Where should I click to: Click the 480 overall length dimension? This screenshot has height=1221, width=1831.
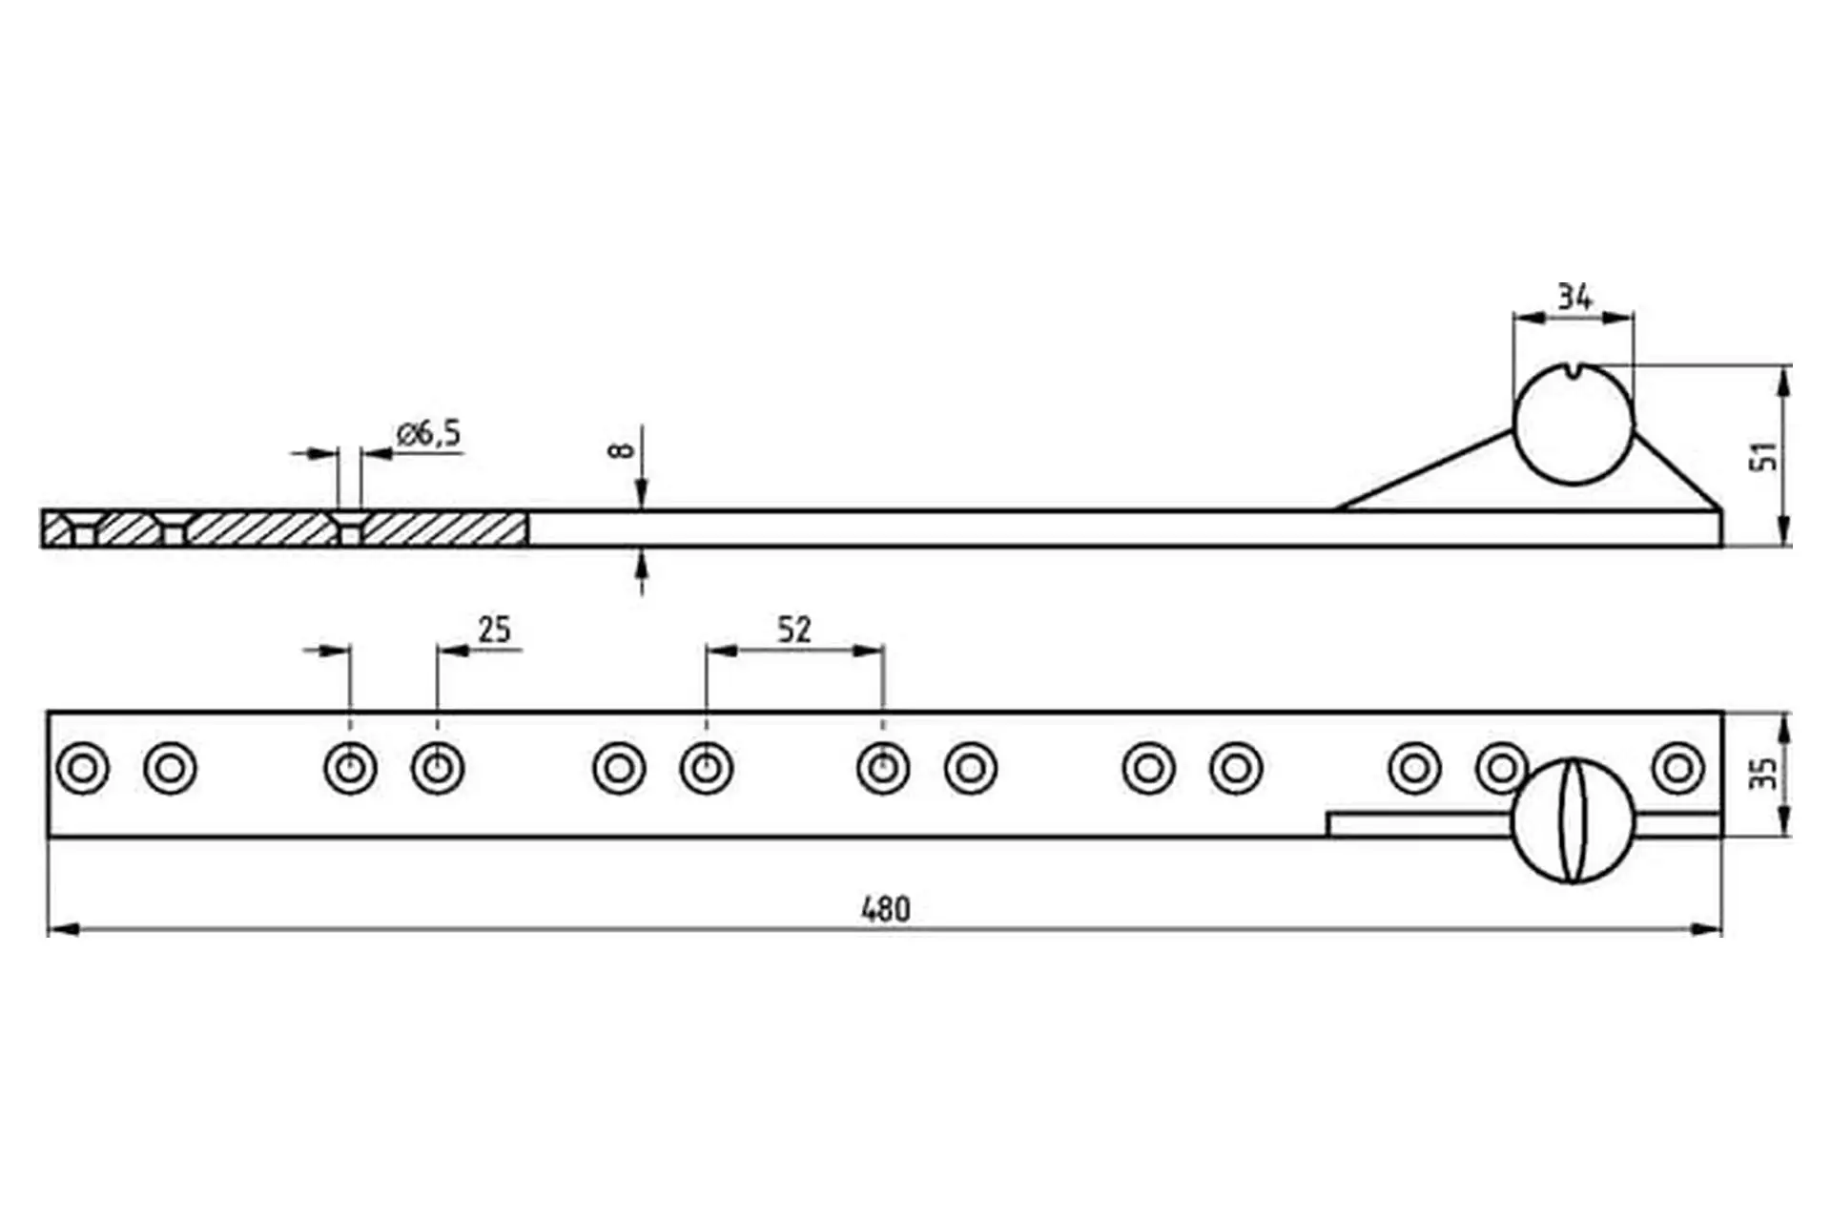point(885,909)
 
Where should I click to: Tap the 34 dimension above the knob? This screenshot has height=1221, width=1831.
point(1574,298)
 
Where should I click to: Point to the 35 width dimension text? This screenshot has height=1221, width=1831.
point(1764,774)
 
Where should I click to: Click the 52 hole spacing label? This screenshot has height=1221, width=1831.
point(793,630)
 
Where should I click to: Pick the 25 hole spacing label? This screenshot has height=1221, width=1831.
point(494,630)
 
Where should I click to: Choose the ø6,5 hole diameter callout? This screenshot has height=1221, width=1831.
point(428,434)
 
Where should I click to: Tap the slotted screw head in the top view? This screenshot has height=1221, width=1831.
point(1573,820)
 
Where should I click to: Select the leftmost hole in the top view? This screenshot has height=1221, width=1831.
point(83,768)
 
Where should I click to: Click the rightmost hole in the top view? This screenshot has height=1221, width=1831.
point(1677,768)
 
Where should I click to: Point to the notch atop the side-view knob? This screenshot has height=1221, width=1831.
point(1574,369)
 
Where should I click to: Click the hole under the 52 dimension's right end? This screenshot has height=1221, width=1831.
point(883,768)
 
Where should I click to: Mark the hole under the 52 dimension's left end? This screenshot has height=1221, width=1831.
point(707,768)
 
